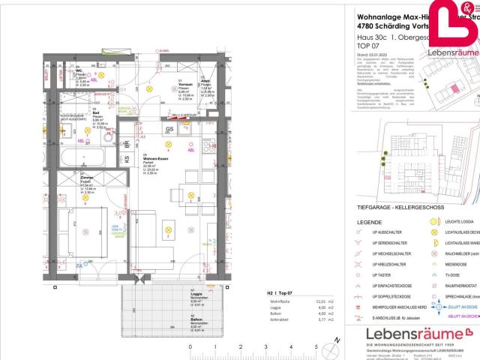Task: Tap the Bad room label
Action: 88,115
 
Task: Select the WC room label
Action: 80,71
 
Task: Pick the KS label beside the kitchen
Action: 127,158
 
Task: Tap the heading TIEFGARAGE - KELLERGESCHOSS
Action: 396,207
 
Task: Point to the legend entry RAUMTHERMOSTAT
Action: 463,286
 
